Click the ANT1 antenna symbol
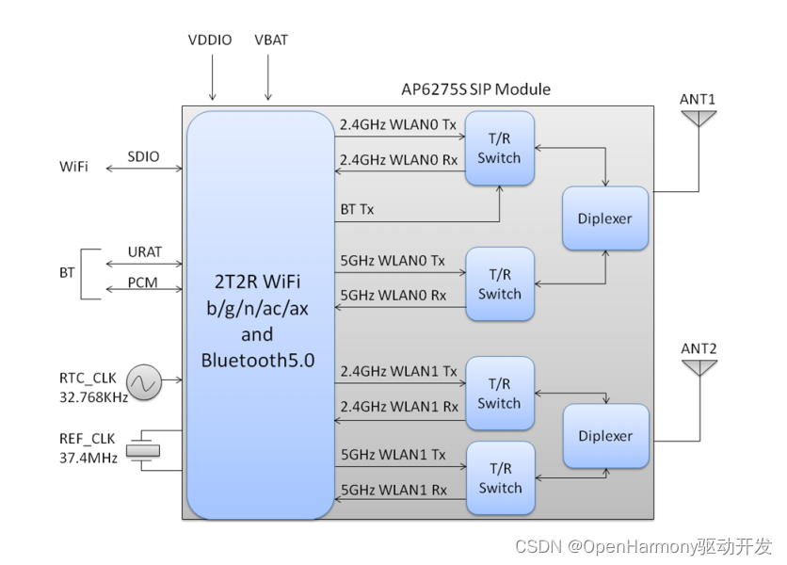pyautogui.click(x=699, y=118)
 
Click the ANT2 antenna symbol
pyautogui.click(x=699, y=366)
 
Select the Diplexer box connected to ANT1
pyautogui.click(x=605, y=218)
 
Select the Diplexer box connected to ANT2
pyautogui.click(x=605, y=436)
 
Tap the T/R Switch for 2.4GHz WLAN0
pyautogui.click(x=499, y=148)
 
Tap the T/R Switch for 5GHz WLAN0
pyautogui.click(x=499, y=283)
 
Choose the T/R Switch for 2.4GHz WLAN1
pyautogui.click(x=499, y=393)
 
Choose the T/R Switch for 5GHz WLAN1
pyautogui.click(x=499, y=477)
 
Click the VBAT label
pyautogui.click(x=272, y=41)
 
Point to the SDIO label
pyautogui.click(x=144, y=155)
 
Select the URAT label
pyautogui.click(x=144, y=252)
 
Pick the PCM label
pyautogui.click(x=144, y=283)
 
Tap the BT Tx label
pyautogui.click(x=358, y=209)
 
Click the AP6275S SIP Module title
pyautogui.click(x=475, y=89)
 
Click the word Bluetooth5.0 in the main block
pyautogui.click(x=257, y=360)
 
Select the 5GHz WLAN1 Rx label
pyautogui.click(x=399, y=490)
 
